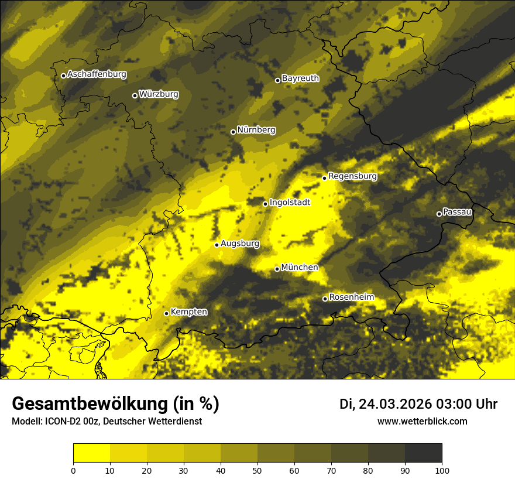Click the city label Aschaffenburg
[x=97, y=74]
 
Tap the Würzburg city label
[x=159, y=94]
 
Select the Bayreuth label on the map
[x=300, y=78]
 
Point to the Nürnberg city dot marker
[x=233, y=132]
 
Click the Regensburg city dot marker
[x=324, y=178]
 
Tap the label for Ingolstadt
[x=290, y=203]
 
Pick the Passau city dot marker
[x=439, y=214]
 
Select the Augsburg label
[x=240, y=244]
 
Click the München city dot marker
[x=277, y=269]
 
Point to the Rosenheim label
[x=351, y=297]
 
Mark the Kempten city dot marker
[x=166, y=313]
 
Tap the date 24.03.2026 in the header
[x=395, y=404]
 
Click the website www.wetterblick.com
[x=422, y=422]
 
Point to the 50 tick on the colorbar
[x=257, y=462]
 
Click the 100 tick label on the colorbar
[x=442, y=470]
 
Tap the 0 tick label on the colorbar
[x=73, y=470]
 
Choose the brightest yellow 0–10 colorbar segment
[x=91, y=453]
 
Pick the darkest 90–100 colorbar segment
[x=423, y=453]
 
